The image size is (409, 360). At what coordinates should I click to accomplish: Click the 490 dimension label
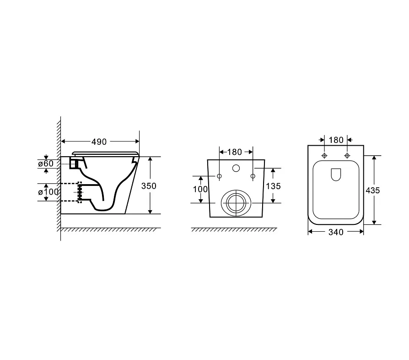99,142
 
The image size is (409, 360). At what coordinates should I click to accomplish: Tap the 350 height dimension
149,186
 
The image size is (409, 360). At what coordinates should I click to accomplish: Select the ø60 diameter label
46,164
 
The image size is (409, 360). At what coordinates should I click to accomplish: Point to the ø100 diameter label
48,192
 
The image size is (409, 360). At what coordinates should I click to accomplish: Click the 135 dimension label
273,186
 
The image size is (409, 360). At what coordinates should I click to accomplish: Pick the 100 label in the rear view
200,189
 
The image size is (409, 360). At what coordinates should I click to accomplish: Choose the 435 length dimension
373,191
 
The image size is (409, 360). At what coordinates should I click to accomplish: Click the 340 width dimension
336,232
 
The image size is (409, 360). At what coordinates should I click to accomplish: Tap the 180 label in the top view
336,140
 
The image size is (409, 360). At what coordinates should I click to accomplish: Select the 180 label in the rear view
235,152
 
